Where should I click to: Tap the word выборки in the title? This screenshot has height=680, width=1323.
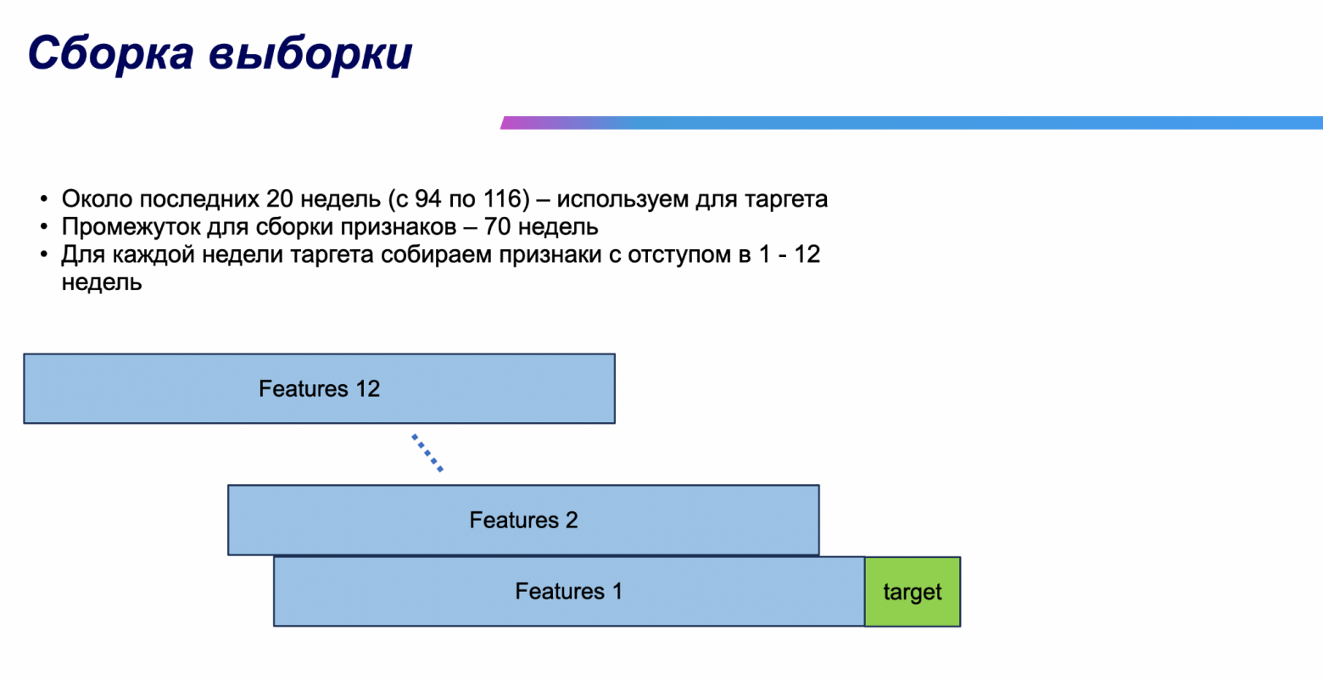pyautogui.click(x=310, y=53)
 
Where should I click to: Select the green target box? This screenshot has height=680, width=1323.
pyautogui.click(x=913, y=592)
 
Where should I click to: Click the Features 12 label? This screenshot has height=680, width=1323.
pyautogui.click(x=319, y=389)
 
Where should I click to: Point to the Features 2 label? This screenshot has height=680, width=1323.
pyautogui.click(x=523, y=520)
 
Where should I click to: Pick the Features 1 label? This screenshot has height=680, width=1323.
pyautogui.click(x=568, y=591)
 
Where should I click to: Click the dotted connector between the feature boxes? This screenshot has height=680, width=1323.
pyautogui.click(x=427, y=453)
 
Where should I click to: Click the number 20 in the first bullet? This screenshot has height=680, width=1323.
pyautogui.click(x=280, y=199)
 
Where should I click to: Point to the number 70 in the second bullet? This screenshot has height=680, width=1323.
pyautogui.click(x=497, y=227)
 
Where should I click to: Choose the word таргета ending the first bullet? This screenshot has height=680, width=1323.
pyautogui.click(x=786, y=199)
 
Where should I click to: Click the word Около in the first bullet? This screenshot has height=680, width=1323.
pyautogui.click(x=97, y=199)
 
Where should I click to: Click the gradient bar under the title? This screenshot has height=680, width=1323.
pyautogui.click(x=912, y=123)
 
